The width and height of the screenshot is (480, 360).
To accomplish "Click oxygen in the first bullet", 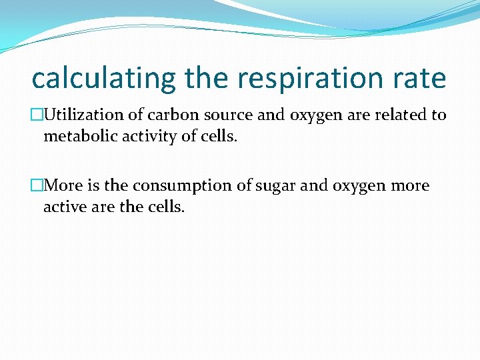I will pyautogui.click(x=317, y=116).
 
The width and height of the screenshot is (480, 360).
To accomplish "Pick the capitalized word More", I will pyautogui.click(x=65, y=185).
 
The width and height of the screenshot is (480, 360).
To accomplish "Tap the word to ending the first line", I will pyautogui.click(x=438, y=115).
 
